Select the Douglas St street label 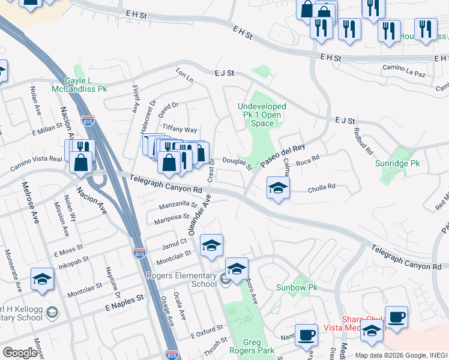[x=237, y=163]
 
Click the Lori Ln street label [x=184, y=78]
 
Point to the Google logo [x=20, y=353]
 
